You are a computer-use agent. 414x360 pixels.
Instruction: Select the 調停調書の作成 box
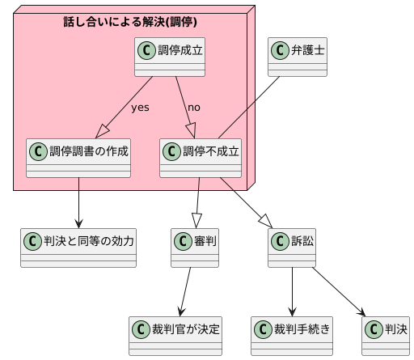point(78,158)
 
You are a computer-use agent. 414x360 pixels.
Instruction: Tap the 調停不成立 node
point(201,158)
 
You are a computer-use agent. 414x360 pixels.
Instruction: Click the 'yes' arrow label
point(140,108)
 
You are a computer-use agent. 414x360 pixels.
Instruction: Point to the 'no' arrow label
point(194,108)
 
